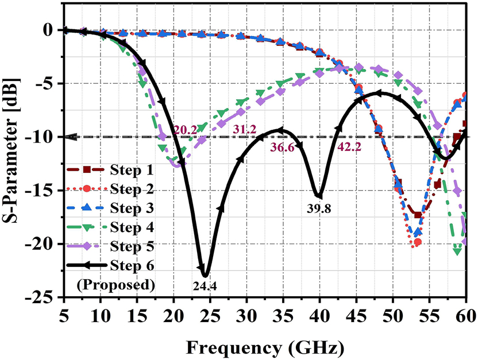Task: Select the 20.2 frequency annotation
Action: coord(185,131)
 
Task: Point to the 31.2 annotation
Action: coord(244,130)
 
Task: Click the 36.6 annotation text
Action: coord(283,148)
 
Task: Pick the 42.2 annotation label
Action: coord(349,148)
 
